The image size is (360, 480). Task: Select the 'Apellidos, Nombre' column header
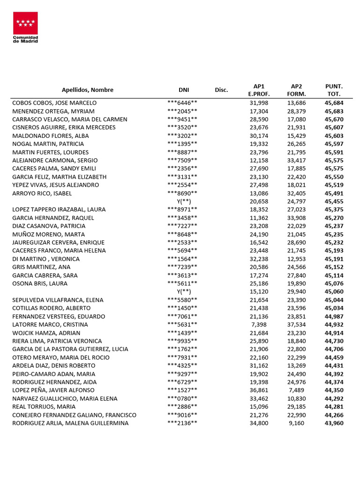point(88,90)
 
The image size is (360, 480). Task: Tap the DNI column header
point(183,90)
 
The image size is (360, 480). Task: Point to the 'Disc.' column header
point(221,90)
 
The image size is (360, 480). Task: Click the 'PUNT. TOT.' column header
point(334,90)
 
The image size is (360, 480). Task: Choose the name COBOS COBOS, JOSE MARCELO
point(54,103)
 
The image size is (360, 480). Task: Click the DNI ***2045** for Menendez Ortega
point(182,111)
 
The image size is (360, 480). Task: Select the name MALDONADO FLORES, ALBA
point(51,135)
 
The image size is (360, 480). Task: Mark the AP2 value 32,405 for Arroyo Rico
point(296,193)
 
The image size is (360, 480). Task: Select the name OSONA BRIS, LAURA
point(40,283)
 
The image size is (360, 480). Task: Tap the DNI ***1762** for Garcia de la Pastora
point(182,349)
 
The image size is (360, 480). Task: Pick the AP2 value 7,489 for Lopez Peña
point(298,390)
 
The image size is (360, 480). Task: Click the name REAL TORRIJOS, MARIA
point(44,406)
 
